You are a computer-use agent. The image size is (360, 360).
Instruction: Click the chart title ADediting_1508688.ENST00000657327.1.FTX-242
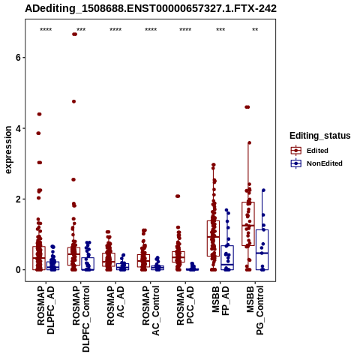click(151, 9)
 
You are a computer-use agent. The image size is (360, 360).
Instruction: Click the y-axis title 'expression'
click(8, 150)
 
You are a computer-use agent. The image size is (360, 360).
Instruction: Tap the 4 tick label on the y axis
click(18, 128)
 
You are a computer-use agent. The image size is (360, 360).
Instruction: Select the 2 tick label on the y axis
click(18, 199)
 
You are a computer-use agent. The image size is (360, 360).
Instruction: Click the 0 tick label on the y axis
click(18, 270)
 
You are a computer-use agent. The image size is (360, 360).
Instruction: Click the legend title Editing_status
click(320, 136)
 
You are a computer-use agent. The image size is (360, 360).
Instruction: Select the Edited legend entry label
click(317, 151)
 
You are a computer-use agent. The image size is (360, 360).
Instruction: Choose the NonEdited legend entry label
click(325, 163)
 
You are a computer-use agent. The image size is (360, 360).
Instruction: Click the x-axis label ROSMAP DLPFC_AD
click(46, 310)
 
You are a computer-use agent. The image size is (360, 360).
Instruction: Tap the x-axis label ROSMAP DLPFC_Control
click(81, 319)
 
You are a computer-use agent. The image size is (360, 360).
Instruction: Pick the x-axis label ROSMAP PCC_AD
click(185, 305)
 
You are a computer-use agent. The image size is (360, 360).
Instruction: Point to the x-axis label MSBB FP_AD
click(220, 301)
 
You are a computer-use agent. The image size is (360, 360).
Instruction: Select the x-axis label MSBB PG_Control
click(255, 310)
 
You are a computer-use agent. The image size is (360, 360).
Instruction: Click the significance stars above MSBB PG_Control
click(255, 30)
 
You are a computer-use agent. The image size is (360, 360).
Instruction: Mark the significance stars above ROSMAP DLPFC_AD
click(46, 30)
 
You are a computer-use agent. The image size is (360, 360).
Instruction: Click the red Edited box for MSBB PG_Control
click(248, 224)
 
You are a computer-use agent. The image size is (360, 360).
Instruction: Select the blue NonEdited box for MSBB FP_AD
click(227, 258)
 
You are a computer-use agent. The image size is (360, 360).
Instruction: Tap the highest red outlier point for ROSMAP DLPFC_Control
click(74, 34)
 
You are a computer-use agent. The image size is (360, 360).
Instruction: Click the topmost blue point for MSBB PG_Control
click(263, 190)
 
